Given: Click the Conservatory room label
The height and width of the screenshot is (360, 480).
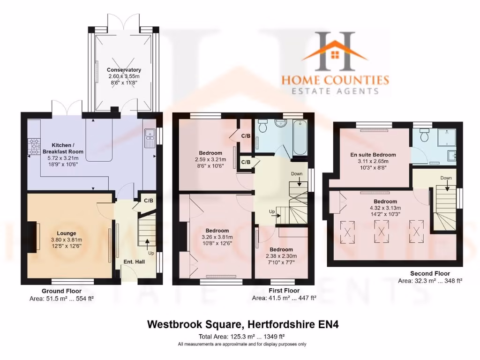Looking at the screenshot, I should point(124,70).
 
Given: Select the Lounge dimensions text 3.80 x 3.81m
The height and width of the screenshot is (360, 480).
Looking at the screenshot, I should point(69,240).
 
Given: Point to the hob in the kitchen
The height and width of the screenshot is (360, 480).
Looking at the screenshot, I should point(35,146).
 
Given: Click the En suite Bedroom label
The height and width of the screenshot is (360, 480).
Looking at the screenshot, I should point(373,155).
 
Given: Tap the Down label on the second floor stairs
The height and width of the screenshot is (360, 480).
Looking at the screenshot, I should point(446,178).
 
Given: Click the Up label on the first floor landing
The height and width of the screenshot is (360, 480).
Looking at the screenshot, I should point(272,212).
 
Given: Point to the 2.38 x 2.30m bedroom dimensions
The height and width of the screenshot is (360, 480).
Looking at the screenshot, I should point(281,256).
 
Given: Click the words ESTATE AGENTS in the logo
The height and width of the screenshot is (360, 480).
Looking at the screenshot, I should point(335,91).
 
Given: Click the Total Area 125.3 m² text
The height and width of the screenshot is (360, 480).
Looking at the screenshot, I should point(242,337).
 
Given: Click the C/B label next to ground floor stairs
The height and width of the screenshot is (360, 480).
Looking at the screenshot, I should point(148,201).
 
